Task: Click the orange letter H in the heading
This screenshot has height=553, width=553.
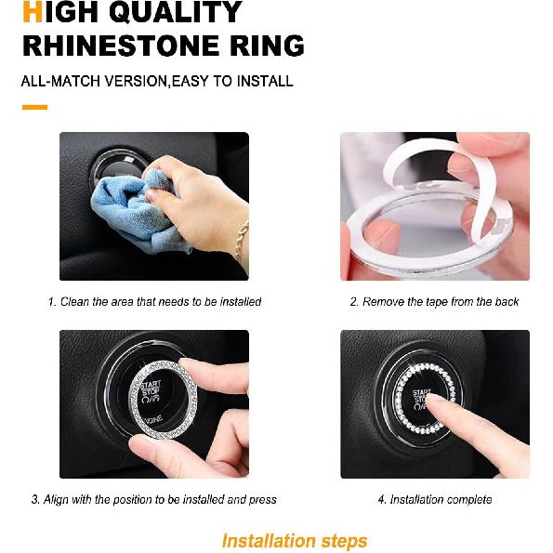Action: pos(33,12)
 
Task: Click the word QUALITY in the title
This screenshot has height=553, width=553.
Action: pos(176,12)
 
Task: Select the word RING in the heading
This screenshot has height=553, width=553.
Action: pos(267,46)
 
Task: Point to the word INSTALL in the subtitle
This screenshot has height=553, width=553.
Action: pos(265,81)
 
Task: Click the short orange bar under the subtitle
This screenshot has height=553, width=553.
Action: pos(34,107)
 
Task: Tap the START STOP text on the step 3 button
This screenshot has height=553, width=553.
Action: pos(151,388)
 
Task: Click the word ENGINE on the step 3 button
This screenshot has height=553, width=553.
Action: pos(152,420)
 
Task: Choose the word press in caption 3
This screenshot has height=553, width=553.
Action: pos(263,500)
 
